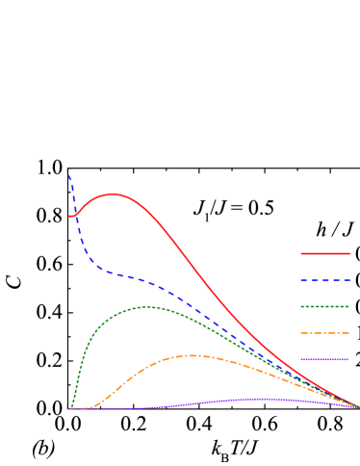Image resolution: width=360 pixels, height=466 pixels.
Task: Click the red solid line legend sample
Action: click(324, 253)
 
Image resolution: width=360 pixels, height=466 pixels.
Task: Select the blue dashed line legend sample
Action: click(324, 279)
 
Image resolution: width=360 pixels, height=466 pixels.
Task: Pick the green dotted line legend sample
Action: click(324, 306)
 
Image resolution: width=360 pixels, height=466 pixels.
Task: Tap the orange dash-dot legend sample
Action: click(324, 333)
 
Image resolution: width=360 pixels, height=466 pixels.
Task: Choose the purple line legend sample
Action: click(324, 359)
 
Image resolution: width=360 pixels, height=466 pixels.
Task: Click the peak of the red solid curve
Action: click(113, 194)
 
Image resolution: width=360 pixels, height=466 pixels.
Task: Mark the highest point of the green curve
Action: click(148, 306)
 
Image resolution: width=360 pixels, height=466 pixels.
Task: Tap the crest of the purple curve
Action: click(258, 398)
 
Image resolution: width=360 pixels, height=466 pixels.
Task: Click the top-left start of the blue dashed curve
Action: click(68, 174)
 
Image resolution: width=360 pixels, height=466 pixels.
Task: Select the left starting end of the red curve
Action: click(69, 216)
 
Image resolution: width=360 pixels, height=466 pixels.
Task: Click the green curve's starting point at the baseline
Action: click(71, 408)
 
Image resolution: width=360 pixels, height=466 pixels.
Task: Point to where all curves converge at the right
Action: click(356, 406)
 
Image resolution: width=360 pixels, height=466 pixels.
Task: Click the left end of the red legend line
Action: click(301, 253)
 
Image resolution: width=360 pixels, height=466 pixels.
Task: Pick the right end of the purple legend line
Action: click(348, 359)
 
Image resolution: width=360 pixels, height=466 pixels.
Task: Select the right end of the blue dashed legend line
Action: click(348, 279)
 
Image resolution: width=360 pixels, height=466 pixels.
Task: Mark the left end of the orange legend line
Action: click(301, 333)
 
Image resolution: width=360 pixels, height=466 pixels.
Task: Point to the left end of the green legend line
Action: click(301, 306)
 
